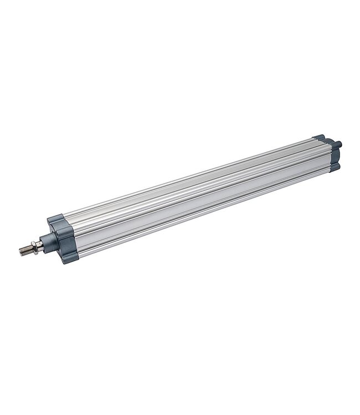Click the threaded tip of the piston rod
point(25,251)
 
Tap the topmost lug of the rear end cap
point(320,137)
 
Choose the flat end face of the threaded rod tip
point(20,253)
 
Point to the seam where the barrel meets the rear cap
point(315,154)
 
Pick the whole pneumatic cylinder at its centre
point(188,194)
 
